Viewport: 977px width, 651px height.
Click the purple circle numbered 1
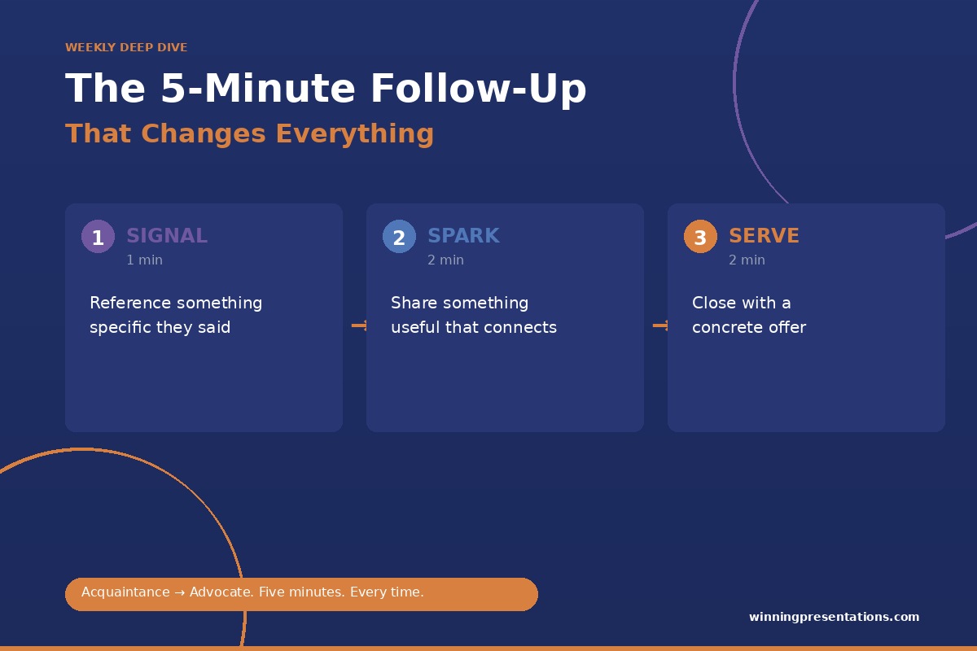point(99,236)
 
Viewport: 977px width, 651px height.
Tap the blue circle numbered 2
point(399,236)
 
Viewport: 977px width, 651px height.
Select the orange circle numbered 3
point(700,236)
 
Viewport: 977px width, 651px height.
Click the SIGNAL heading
point(167,236)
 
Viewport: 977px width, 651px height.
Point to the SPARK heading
point(463,236)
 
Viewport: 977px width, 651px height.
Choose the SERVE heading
point(765,236)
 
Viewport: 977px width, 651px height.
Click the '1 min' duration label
point(144,260)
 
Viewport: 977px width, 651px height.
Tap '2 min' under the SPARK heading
point(446,260)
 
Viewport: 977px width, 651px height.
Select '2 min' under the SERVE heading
point(747,260)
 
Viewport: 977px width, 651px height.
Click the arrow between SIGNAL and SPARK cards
point(359,325)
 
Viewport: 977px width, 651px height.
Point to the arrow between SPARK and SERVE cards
point(660,325)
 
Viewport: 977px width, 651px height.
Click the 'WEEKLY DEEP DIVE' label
point(126,47)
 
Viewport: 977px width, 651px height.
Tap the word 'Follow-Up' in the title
point(479,89)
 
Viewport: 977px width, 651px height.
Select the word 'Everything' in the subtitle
point(355,134)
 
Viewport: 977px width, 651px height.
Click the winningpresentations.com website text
point(834,617)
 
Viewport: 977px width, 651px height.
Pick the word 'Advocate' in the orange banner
point(221,592)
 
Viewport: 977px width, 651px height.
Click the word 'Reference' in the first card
point(130,303)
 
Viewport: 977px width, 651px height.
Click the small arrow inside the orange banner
point(179,592)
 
